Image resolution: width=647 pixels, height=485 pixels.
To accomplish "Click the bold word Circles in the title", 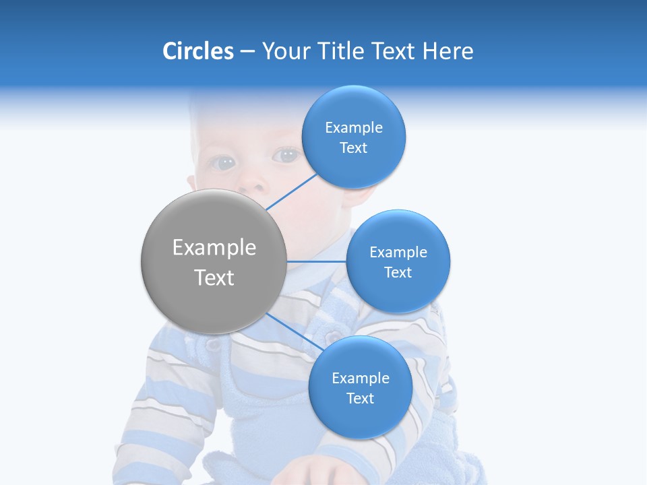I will (x=197, y=51).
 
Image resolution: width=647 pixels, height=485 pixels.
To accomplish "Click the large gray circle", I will (x=214, y=261).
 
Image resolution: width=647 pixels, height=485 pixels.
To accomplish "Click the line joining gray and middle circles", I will (x=317, y=261).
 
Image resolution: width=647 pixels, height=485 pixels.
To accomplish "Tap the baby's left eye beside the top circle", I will (x=288, y=155).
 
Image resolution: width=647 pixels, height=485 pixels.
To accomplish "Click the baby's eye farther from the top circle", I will (x=224, y=162).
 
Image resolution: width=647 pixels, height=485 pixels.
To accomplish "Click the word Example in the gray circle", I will (x=214, y=248).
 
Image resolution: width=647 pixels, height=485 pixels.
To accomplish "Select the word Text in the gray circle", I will (x=214, y=278).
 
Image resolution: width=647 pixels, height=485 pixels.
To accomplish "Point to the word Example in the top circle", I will (x=353, y=128).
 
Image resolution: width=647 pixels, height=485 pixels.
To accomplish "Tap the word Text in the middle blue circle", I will (x=398, y=273).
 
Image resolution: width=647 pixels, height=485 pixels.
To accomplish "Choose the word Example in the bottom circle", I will (x=360, y=379).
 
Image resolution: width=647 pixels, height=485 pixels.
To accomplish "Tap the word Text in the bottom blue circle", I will (x=360, y=399).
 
